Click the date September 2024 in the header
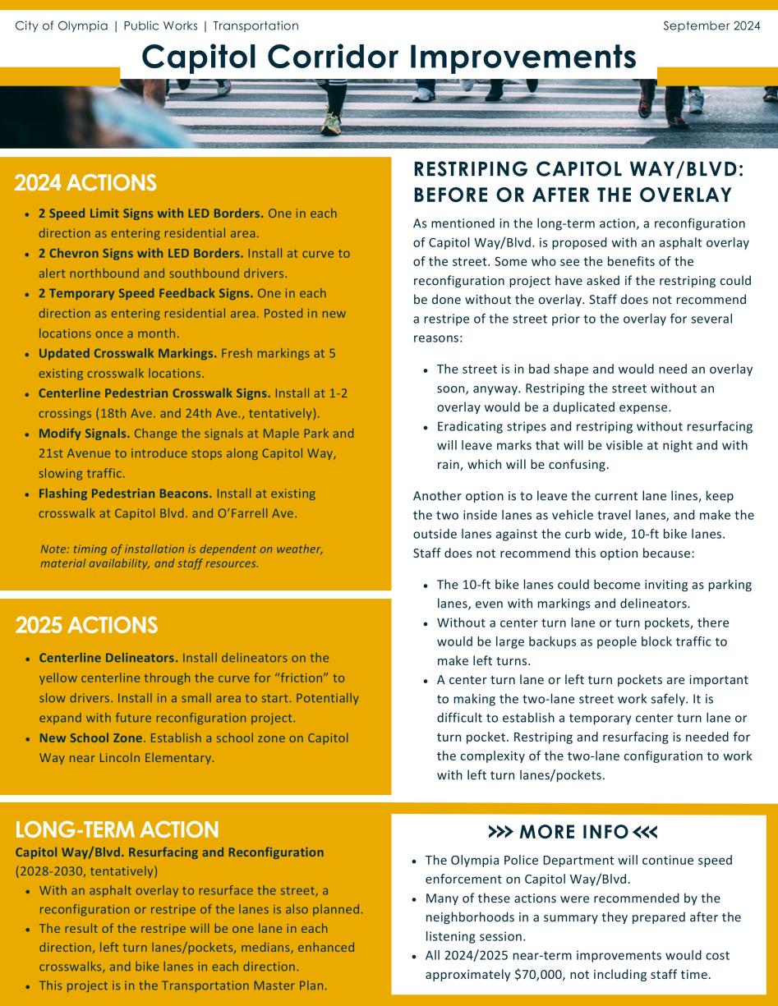(x=711, y=25)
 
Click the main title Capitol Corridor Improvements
(x=389, y=57)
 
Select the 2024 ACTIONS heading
(x=85, y=182)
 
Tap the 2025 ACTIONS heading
(x=86, y=625)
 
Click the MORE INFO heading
(x=573, y=832)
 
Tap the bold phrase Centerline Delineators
(x=108, y=658)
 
